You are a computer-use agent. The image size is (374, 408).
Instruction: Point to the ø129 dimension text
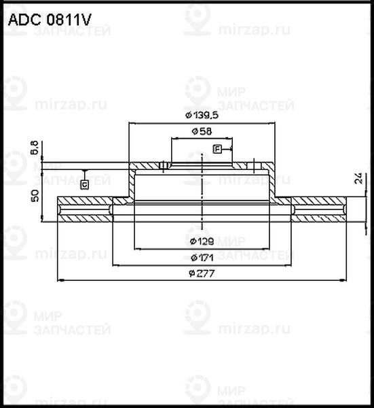[x=202, y=241]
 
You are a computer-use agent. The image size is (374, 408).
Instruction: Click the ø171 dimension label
[x=202, y=257]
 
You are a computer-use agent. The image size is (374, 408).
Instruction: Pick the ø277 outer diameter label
[x=202, y=273]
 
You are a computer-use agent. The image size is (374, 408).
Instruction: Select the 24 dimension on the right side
[x=358, y=179]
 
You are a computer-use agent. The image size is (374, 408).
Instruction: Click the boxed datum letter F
[x=217, y=148]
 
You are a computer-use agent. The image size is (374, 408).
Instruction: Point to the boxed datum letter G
[x=84, y=184]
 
